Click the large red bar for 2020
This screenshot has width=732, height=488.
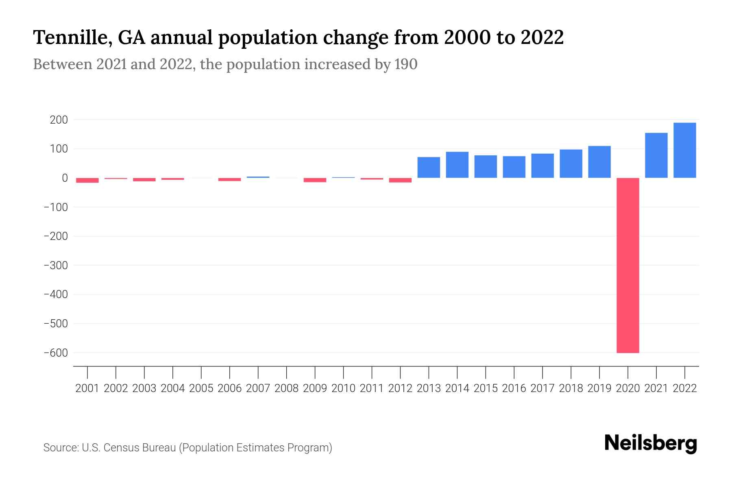(627, 265)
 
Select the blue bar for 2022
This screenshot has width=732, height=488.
(684, 150)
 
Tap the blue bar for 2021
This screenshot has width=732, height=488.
(656, 155)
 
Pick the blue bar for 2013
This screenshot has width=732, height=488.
(429, 168)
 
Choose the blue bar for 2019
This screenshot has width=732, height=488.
(599, 162)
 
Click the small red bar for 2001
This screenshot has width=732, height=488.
(87, 180)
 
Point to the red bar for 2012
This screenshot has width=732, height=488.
(400, 180)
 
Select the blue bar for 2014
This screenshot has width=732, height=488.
(457, 165)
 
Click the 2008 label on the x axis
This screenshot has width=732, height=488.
(286, 388)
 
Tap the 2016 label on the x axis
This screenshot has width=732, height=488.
(514, 388)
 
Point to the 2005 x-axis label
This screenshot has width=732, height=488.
(201, 388)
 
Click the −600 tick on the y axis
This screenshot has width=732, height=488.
(56, 353)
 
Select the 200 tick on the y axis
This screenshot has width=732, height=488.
(59, 120)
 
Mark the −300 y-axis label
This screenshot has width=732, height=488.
(56, 265)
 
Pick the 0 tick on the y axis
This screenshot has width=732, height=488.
(64, 178)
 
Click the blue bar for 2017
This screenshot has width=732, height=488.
(542, 166)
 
